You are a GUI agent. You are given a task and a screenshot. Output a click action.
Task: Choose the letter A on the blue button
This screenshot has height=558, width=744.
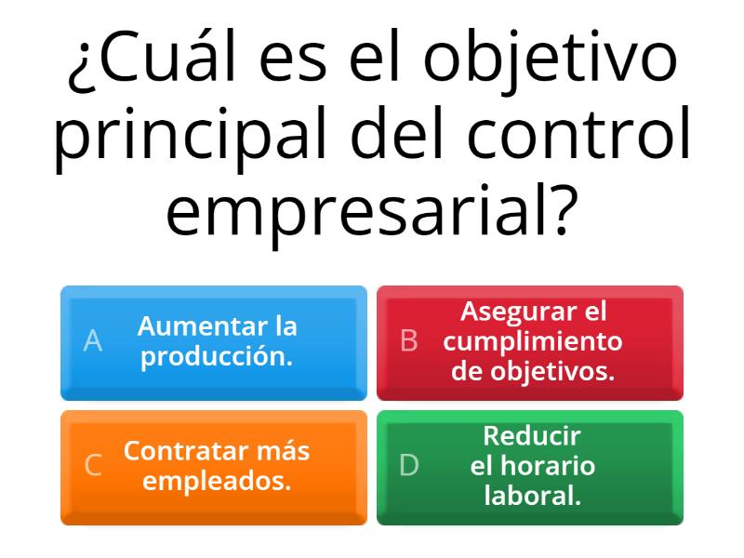[92, 341]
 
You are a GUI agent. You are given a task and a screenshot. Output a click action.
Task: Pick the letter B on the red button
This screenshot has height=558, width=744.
[408, 341]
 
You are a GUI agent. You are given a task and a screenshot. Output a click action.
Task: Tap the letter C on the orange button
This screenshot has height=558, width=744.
[93, 465]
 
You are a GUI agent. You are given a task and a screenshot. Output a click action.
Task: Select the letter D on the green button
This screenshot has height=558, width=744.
[409, 465]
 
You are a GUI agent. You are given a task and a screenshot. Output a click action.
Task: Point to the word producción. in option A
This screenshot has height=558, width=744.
[217, 356]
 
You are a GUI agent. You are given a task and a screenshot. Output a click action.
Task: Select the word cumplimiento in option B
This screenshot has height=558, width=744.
[533, 341]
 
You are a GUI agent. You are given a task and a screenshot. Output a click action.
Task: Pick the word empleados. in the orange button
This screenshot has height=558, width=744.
[217, 481]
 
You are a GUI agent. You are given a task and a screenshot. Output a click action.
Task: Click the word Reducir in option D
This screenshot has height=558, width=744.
[532, 435]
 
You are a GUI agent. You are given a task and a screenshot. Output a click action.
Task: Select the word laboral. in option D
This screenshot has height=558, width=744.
[532, 496]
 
